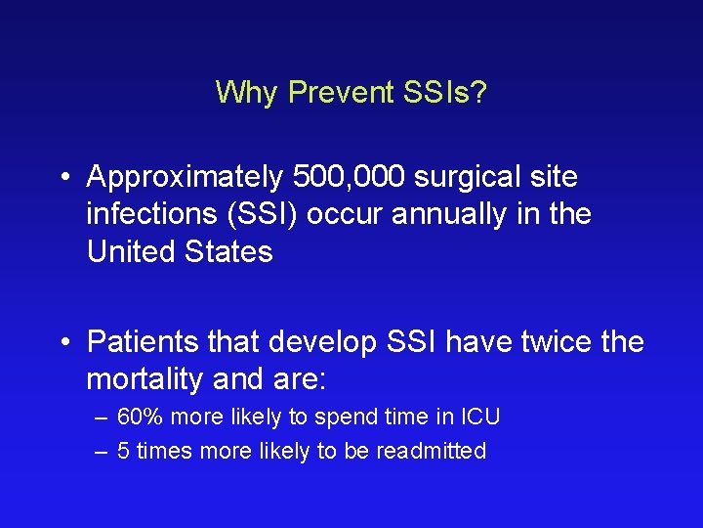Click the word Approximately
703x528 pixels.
[x=185, y=178]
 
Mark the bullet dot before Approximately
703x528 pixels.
[x=63, y=179]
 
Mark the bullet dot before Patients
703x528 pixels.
[x=63, y=343]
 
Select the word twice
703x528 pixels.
[x=544, y=342]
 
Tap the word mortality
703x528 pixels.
[x=154, y=379]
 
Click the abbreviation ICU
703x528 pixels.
[x=480, y=418]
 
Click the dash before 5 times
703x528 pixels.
[x=103, y=451]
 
